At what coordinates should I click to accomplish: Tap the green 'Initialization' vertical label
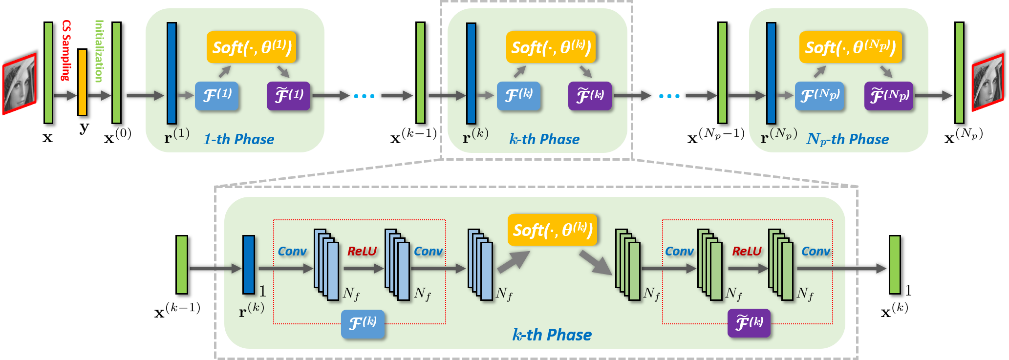tap(99, 51)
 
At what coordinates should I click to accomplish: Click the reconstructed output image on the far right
tap(987, 83)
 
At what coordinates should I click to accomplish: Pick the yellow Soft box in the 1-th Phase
tap(252, 47)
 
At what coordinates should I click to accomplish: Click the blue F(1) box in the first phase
tap(217, 95)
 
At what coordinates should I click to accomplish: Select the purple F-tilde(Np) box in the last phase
tap(888, 96)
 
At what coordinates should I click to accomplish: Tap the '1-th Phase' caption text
tap(238, 139)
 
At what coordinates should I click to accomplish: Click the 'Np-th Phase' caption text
tap(847, 139)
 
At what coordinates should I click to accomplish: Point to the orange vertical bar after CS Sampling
tap(82, 82)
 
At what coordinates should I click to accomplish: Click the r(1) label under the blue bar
tap(176, 135)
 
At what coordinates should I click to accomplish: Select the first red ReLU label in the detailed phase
tap(362, 251)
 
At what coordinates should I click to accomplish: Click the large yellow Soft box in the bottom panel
tap(552, 230)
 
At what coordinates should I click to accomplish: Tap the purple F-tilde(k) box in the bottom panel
tap(749, 323)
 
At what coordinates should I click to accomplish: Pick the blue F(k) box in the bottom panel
tap(363, 324)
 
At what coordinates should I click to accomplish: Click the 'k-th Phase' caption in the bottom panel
tap(552, 335)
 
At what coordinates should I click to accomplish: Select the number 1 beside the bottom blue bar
tap(262, 291)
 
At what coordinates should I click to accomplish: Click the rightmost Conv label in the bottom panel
tap(816, 251)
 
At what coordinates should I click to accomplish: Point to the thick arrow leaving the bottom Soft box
tap(595, 262)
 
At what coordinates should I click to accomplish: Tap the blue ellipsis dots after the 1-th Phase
tap(364, 96)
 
